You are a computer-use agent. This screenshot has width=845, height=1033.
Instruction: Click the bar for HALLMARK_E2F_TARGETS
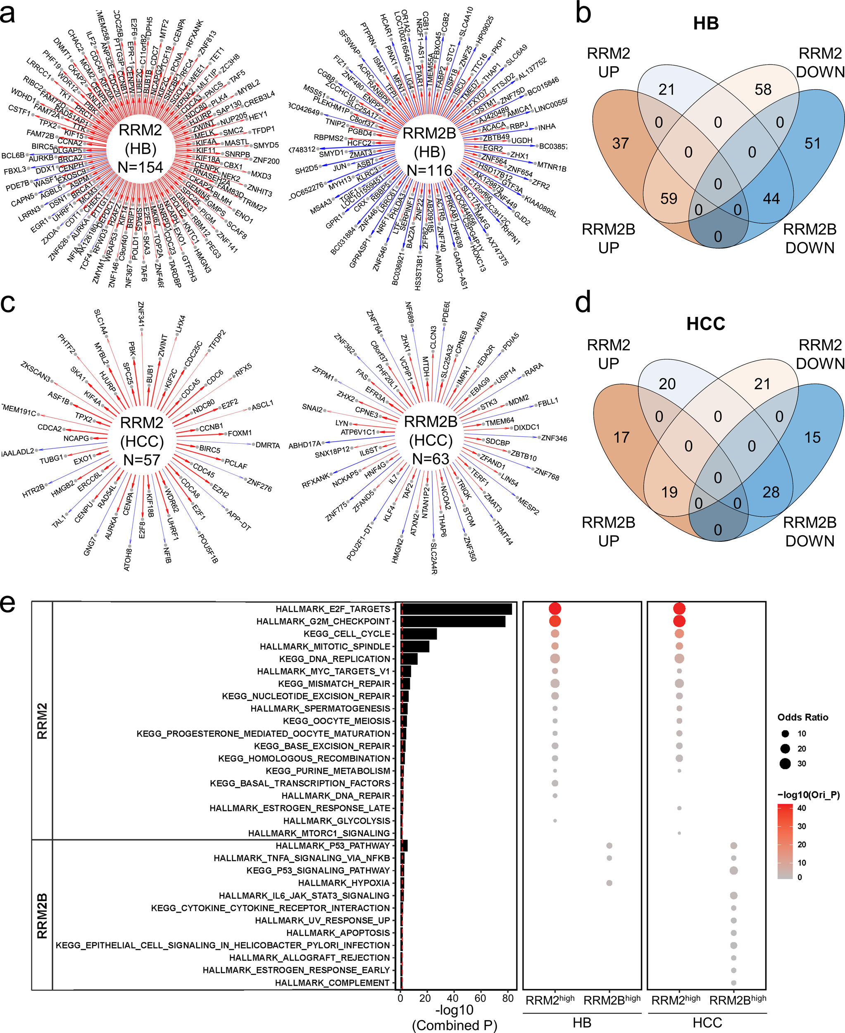click(x=456, y=609)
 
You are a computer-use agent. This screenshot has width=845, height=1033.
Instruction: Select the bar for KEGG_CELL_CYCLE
click(x=419, y=634)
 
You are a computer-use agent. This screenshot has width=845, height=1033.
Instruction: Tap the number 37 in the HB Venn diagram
click(x=621, y=144)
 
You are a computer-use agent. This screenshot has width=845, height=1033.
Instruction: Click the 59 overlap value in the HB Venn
click(x=669, y=199)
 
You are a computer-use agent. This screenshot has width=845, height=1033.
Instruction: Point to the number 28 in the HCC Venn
click(x=771, y=492)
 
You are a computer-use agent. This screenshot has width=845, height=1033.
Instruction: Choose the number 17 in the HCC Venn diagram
click(x=621, y=437)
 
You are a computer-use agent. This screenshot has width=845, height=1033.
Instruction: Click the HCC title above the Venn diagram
click(x=705, y=324)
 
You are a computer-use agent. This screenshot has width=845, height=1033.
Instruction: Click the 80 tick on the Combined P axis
click(x=508, y=998)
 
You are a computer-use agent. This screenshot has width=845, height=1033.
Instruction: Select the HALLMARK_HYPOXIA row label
click(x=344, y=883)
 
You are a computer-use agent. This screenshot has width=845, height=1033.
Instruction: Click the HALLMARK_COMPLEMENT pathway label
click(x=333, y=983)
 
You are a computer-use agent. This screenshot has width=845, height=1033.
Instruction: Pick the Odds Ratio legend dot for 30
click(x=785, y=763)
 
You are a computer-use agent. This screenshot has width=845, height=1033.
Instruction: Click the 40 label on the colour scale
click(x=802, y=808)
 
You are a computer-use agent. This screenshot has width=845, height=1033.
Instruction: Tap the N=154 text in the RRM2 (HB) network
click(x=140, y=167)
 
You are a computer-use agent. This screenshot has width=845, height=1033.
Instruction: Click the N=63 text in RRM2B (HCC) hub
click(x=431, y=459)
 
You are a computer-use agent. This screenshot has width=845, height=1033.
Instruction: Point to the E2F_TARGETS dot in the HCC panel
click(x=679, y=609)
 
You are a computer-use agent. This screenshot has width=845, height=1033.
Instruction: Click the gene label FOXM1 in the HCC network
click(x=240, y=433)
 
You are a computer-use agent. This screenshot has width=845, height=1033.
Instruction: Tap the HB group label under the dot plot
click(x=582, y=1022)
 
